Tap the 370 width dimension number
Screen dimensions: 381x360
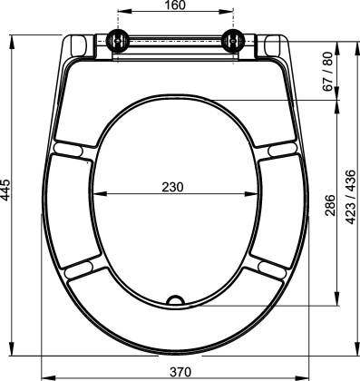click(x=181, y=371)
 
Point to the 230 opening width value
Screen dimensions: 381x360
click(x=172, y=187)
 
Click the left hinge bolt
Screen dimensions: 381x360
click(x=117, y=40)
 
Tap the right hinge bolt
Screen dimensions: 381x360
click(x=234, y=40)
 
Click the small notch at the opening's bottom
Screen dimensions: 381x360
click(x=177, y=299)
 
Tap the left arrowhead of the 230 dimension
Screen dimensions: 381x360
click(x=99, y=194)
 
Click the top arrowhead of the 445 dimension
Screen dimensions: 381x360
click(x=13, y=40)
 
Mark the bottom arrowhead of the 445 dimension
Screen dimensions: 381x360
click(x=13, y=349)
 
